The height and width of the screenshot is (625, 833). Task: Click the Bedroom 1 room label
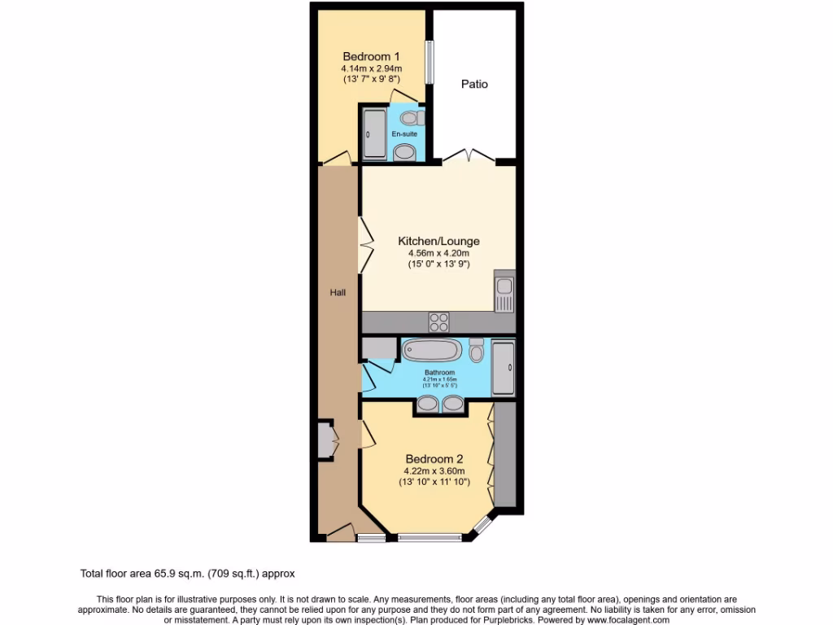pyautogui.click(x=371, y=56)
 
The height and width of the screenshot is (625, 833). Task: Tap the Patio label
pyautogui.click(x=474, y=84)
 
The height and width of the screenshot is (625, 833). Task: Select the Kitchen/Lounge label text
pyautogui.click(x=438, y=241)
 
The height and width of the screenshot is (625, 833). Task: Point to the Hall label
pyautogui.click(x=338, y=291)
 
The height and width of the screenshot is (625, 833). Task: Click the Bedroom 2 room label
pyautogui.click(x=434, y=459)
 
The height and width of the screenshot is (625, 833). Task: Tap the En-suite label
pyautogui.click(x=404, y=133)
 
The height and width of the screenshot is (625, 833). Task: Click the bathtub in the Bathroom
pyautogui.click(x=432, y=351)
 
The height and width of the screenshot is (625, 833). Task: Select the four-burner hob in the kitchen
pyautogui.click(x=439, y=322)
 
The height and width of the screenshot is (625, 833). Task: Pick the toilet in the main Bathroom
pyautogui.click(x=477, y=351)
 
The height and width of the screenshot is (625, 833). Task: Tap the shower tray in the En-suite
pyautogui.click(x=374, y=133)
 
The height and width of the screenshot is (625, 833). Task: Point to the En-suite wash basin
pyautogui.click(x=404, y=151)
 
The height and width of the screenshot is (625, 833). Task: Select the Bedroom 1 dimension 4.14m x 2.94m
pyautogui.click(x=372, y=69)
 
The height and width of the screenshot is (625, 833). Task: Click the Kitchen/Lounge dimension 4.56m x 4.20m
pyautogui.click(x=438, y=253)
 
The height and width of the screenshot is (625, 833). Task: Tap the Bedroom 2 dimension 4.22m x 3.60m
pyautogui.click(x=434, y=471)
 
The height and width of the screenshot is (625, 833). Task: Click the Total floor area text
pyautogui.click(x=193, y=573)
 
